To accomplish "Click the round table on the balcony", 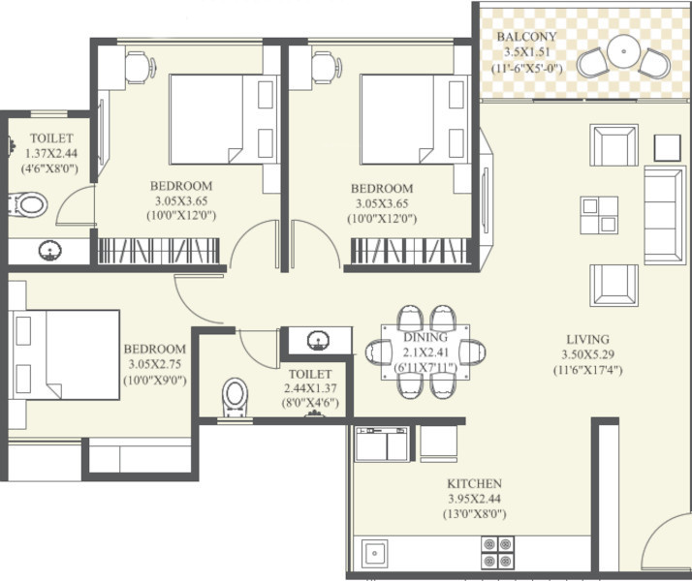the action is point(623,51).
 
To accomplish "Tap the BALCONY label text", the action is point(526,37).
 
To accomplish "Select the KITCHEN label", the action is point(475,483).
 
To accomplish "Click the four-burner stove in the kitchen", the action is point(497,552).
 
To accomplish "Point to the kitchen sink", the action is point(374,553).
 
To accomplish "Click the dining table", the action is point(425,352).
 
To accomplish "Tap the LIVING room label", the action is point(588,340).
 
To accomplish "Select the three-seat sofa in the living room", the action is point(665,215).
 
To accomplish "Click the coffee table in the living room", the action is point(599,215).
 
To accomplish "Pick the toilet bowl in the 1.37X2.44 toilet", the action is point(28,205).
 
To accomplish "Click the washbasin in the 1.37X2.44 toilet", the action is point(49,251).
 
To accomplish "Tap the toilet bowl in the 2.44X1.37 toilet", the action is point(235,397).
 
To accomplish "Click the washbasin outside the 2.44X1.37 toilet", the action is point(318,340).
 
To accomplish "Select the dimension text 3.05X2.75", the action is point(155,364).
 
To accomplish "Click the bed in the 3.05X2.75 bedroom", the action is point(64,354).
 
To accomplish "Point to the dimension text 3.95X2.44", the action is point(475,499).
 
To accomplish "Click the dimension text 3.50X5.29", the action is point(588,354).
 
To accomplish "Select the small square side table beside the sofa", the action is point(667,148).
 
